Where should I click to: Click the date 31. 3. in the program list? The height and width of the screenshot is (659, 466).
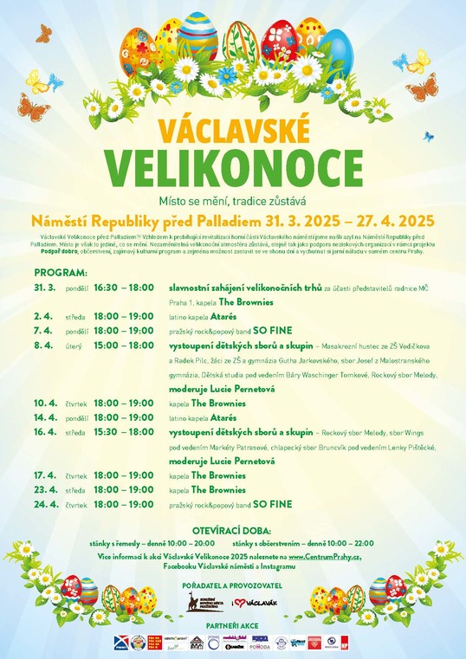coord(44,286)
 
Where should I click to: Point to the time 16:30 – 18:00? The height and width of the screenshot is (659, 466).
coord(123,286)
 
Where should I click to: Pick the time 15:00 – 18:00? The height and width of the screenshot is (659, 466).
coord(123,345)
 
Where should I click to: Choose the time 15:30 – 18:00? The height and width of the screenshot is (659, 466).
coord(123,431)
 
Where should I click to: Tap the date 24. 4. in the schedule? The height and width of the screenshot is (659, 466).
coord(44,504)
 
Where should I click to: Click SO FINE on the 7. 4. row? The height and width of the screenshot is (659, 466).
coord(273,331)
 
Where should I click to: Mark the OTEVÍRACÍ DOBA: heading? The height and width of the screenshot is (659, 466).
coord(232,530)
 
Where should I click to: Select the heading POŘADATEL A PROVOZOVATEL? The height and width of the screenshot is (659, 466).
coord(232,585)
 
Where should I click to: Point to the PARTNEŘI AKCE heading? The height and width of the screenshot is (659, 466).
coord(232,625)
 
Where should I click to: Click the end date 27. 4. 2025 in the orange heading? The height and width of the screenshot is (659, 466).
coord(379,221)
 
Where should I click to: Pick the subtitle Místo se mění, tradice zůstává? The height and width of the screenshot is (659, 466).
coord(232,201)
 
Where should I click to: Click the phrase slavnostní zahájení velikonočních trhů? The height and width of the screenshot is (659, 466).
coord(245,286)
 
